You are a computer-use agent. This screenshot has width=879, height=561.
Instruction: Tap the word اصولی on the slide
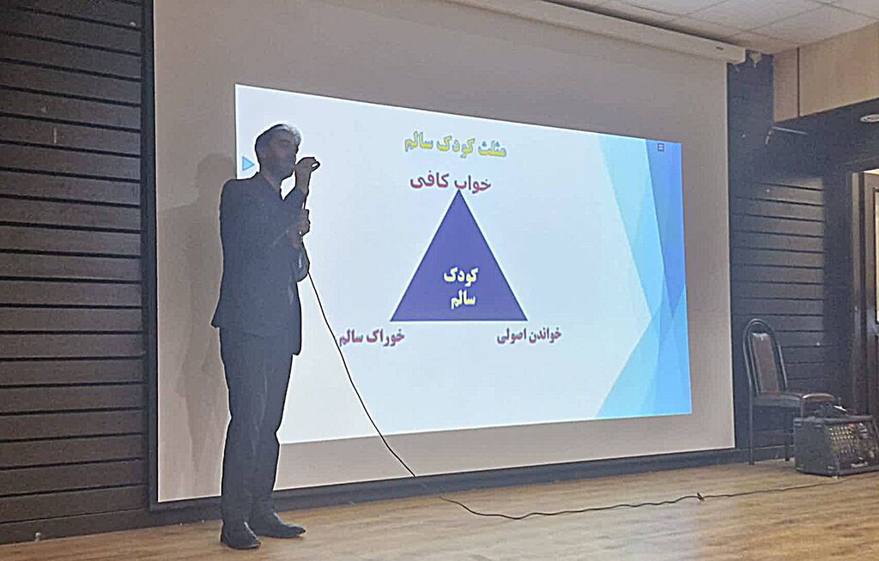tap(511, 336)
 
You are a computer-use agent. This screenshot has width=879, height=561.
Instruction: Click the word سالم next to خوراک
tap(352, 335)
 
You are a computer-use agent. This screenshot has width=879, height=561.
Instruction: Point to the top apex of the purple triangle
tap(459, 192)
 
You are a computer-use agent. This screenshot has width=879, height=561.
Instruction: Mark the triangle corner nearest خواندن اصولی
tap(524, 319)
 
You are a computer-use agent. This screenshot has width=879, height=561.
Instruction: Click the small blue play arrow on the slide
tap(248, 163)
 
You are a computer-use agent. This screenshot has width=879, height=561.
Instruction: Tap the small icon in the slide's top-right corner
tap(660, 148)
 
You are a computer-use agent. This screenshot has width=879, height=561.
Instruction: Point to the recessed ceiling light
tap(870, 118)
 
